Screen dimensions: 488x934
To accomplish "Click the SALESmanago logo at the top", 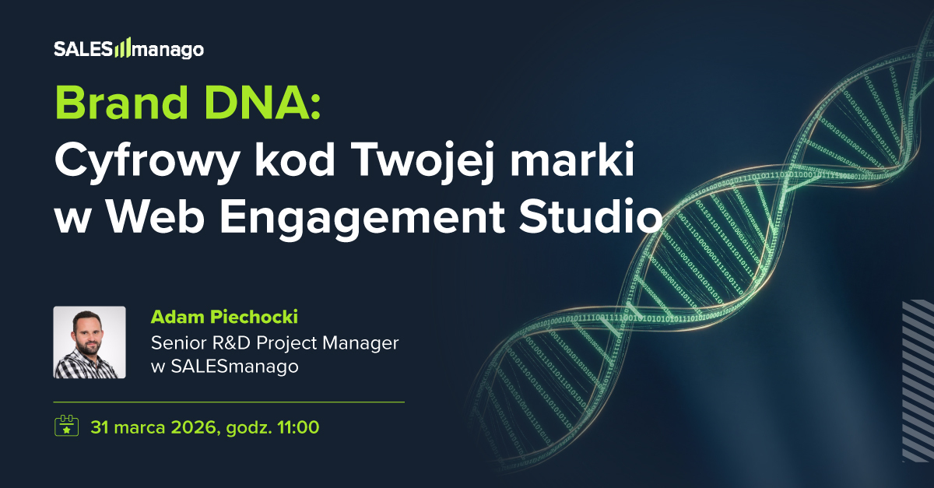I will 128,49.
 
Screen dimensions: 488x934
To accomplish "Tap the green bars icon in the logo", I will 123,50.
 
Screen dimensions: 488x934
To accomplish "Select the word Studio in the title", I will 594,217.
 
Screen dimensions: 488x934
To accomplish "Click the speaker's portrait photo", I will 90,342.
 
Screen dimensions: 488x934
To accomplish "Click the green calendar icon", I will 66,427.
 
